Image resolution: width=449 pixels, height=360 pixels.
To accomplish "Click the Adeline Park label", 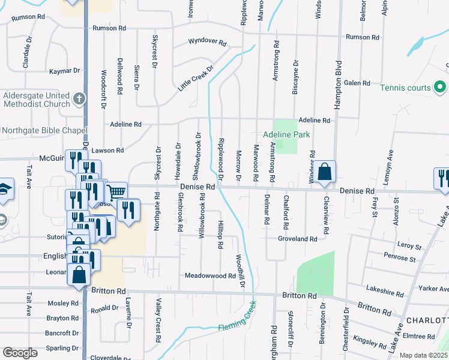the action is tap(287, 135).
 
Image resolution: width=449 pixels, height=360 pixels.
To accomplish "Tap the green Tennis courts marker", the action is tap(440, 88).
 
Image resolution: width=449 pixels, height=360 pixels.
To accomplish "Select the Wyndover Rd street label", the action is tap(207, 43).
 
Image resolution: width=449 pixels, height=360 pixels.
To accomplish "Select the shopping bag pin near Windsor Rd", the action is tap(324, 172).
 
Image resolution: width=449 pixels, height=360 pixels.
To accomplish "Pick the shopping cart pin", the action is tap(116, 192).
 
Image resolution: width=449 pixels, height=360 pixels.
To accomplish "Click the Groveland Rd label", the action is tap(297, 239).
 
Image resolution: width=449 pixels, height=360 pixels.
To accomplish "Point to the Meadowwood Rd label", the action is tap(210, 276).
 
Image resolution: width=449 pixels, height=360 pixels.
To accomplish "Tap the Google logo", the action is tap(20, 353).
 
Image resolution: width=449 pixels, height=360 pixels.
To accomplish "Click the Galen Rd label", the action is tap(357, 83).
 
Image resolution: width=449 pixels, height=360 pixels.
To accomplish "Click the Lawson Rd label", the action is tap(109, 151).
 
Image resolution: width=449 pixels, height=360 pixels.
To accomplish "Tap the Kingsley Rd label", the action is tap(370, 342).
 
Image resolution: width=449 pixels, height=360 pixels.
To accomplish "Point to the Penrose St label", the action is tap(400, 259).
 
